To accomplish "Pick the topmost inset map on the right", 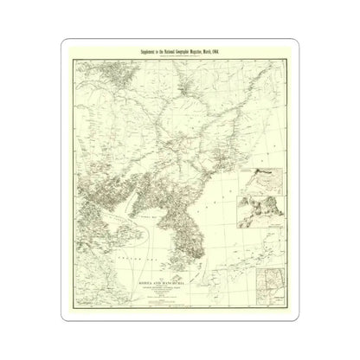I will click(x=265, y=177).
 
